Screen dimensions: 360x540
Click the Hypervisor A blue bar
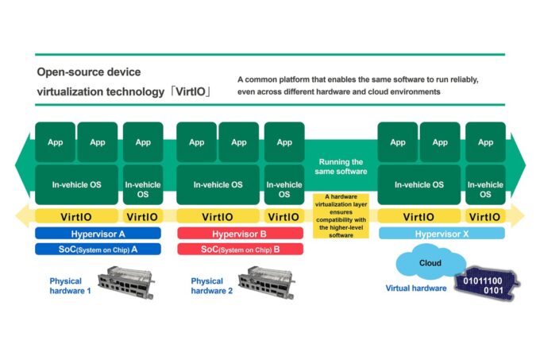point(98,234)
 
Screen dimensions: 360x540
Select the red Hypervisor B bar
point(239,234)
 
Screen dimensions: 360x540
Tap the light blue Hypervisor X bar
point(442,234)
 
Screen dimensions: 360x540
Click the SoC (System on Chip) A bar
point(98,249)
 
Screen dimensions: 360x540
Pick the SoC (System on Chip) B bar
point(239,249)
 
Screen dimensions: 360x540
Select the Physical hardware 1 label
point(71,285)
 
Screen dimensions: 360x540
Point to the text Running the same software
point(342,166)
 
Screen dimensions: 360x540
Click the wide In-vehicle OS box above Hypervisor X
point(419,184)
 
